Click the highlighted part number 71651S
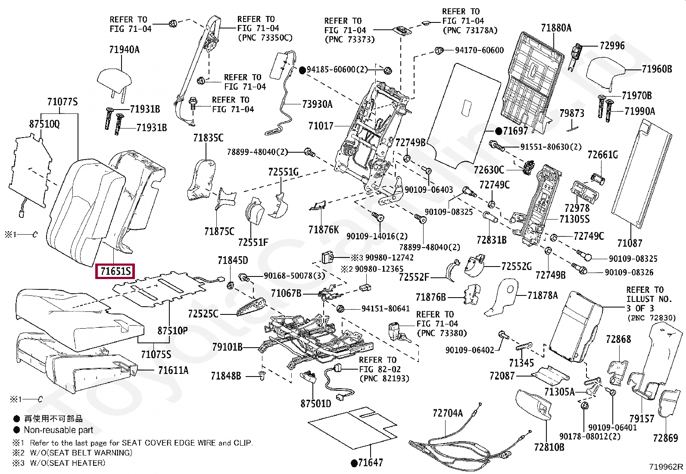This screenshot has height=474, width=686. coord(115,271)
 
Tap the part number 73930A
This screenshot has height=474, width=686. coord(317,104)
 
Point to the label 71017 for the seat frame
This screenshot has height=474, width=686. coord(321,126)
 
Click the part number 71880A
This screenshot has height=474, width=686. coord(556,28)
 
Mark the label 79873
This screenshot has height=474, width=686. coord(572,113)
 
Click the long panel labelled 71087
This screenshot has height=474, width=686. coord(642,173)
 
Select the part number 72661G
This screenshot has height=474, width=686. coord(602,155)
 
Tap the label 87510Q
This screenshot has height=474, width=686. coord(44,124)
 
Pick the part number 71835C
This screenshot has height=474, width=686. coord(208,138)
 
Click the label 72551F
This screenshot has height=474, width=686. coord(253,242)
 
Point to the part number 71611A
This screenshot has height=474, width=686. coord(173,370)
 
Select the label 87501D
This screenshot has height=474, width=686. coord(316,404)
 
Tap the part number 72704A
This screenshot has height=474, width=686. coord(447,413)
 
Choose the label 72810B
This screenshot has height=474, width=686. coord(549,447)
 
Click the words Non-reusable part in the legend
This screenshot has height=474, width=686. coord(59,430)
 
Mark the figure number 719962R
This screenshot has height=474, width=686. coord(666,467)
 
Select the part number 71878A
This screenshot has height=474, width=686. coord(543,295)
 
